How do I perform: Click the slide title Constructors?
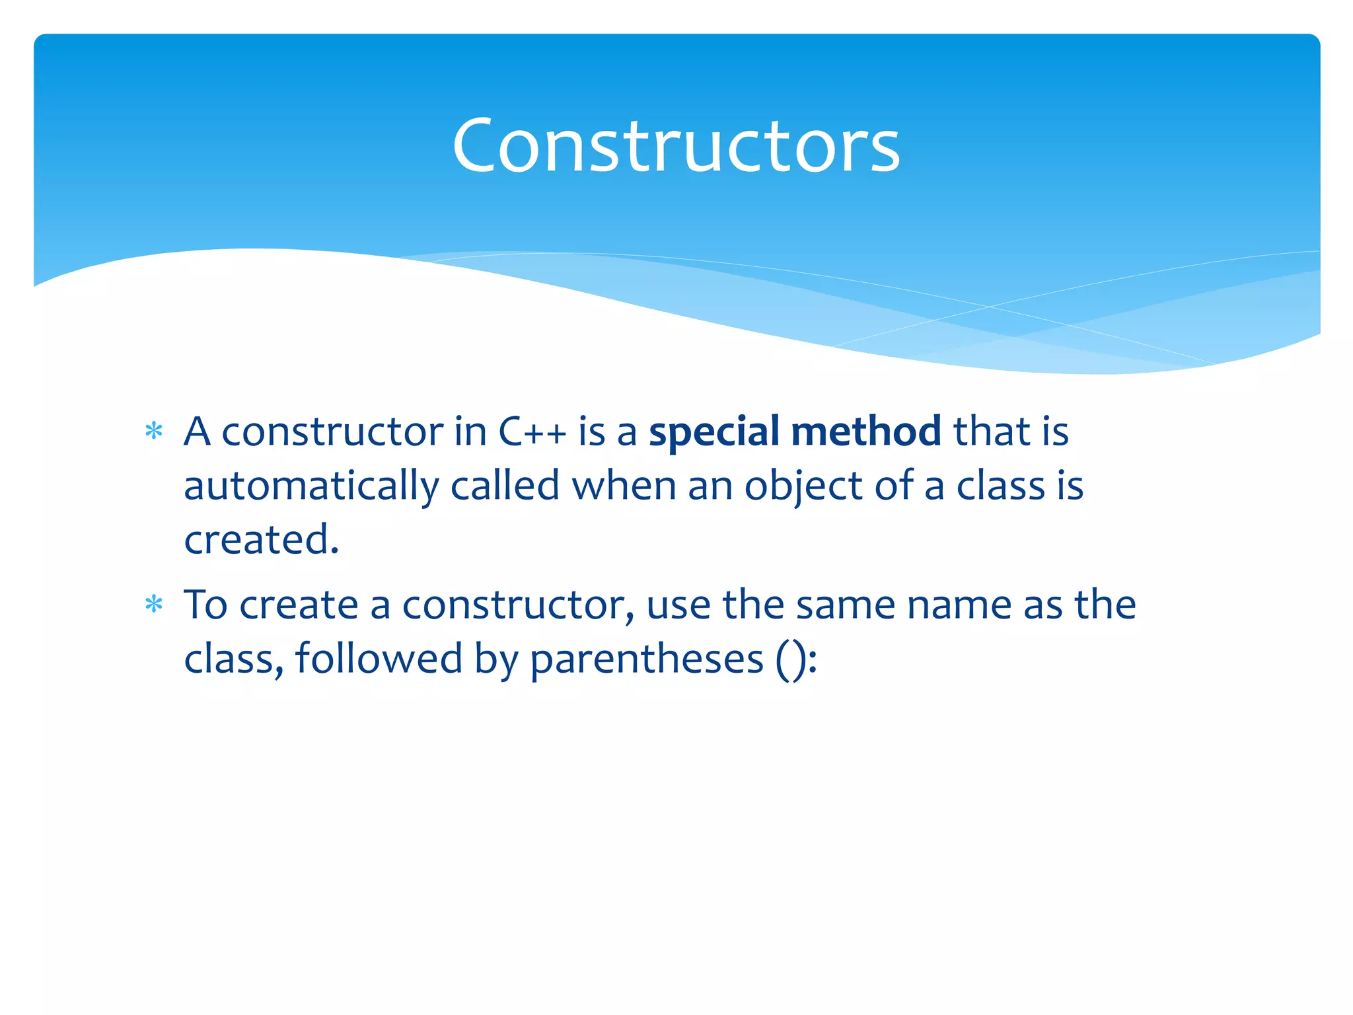click(x=675, y=145)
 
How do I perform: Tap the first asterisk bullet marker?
click(x=154, y=432)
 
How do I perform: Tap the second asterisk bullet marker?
click(x=154, y=605)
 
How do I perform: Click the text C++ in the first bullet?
click(x=532, y=432)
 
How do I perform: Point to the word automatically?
click(x=311, y=486)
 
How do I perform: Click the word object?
click(x=803, y=486)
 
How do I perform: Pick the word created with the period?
click(x=261, y=540)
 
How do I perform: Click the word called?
click(x=505, y=486)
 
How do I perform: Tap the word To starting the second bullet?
click(x=205, y=605)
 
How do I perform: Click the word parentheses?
click(x=646, y=659)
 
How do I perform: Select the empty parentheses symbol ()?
click(x=796, y=659)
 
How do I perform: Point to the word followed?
click(x=379, y=659)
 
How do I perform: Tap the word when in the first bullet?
click(x=624, y=486)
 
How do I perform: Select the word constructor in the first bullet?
click(x=332, y=432)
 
